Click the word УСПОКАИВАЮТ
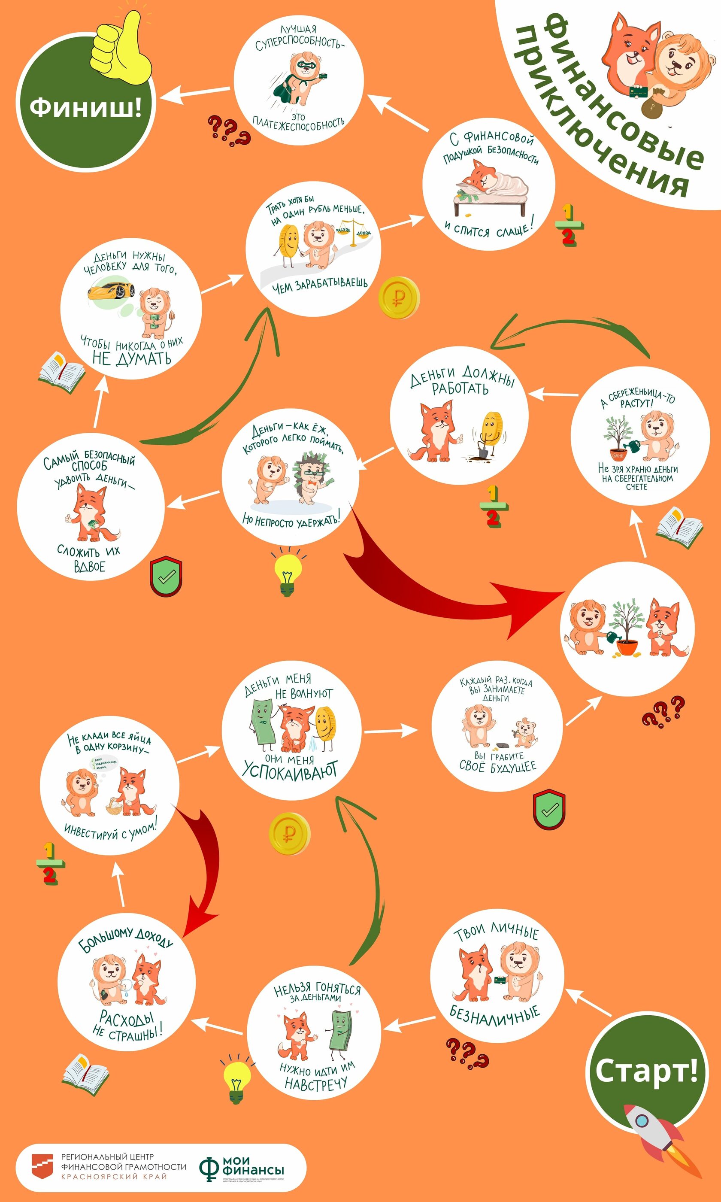tap(290, 770)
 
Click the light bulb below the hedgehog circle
tap(288, 573)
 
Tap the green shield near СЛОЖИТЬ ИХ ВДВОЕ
tap(166, 577)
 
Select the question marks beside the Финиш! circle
tap(228, 131)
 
